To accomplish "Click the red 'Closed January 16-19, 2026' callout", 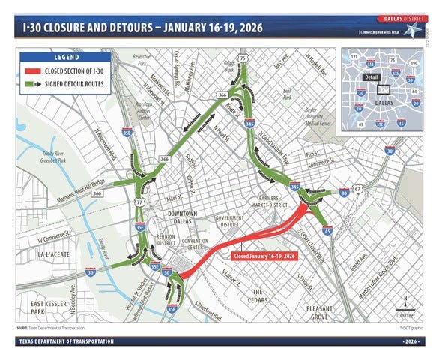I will point(266,256).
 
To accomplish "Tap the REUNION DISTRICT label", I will point(166,239).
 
